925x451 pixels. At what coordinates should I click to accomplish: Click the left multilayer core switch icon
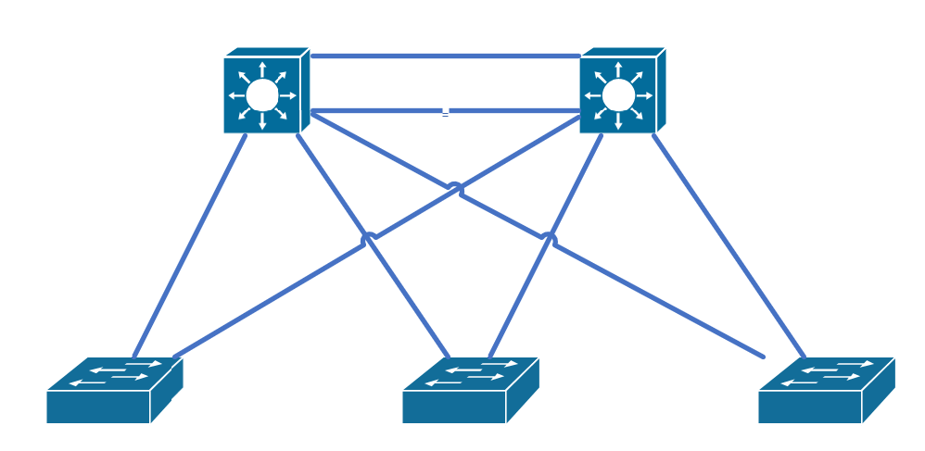pyautogui.click(x=262, y=94)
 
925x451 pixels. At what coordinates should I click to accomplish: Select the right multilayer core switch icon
pyautogui.click(x=618, y=94)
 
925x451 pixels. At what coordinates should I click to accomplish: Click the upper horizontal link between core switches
pyautogui.click(x=445, y=56)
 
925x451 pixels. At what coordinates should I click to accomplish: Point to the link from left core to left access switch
pyautogui.click(x=190, y=245)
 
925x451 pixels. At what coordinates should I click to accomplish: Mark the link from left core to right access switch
pyautogui.click(x=649, y=296)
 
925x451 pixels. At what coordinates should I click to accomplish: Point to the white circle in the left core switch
pyautogui.click(x=262, y=94)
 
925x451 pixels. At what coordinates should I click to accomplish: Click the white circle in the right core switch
pyautogui.click(x=618, y=94)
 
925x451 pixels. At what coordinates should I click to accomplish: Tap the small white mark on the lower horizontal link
pyautogui.click(x=446, y=113)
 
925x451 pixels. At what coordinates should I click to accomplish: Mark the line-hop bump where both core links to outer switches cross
pyautogui.click(x=455, y=188)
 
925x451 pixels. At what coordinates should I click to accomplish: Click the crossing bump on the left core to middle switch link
pyautogui.click(x=369, y=238)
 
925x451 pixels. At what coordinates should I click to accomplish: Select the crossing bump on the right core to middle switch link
pyautogui.click(x=549, y=238)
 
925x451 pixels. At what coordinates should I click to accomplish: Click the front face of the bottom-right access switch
pyautogui.click(x=810, y=407)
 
